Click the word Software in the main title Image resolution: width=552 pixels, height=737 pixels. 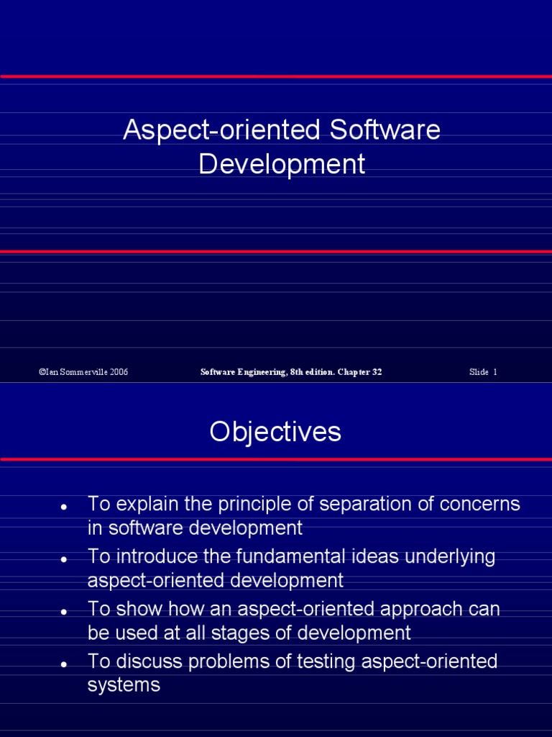[385, 131]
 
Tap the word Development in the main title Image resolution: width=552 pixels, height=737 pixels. [282, 164]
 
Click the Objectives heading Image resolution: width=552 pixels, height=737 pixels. [275, 432]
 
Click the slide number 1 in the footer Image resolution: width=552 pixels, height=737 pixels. [495, 372]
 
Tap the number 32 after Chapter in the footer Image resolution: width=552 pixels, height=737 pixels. [377, 372]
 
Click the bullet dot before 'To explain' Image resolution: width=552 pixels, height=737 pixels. [64, 507]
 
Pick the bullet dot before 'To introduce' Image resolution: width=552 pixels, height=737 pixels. [64, 559]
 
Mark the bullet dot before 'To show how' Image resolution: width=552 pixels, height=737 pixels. [64, 612]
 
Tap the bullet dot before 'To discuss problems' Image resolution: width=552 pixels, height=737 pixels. [64, 664]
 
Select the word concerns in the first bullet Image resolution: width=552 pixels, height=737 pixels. [482, 504]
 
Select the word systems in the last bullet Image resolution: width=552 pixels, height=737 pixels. [124, 686]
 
